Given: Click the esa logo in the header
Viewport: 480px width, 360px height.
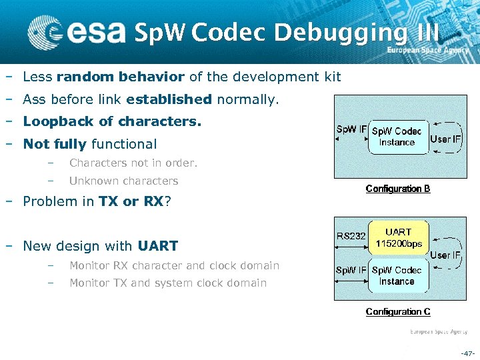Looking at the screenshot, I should click(x=77, y=31).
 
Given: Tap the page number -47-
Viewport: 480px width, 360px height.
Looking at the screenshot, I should click(x=467, y=352).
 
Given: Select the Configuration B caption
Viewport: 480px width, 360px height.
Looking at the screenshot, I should click(x=398, y=189).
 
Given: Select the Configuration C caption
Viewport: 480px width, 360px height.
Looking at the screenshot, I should click(x=398, y=312).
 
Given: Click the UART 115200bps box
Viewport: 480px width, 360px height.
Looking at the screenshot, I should click(x=398, y=238).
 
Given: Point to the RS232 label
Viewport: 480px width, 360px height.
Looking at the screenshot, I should click(x=351, y=235).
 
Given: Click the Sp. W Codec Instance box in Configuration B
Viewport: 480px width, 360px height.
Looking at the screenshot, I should click(x=397, y=137).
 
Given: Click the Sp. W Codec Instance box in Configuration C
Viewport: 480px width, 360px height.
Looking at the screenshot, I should click(x=397, y=275).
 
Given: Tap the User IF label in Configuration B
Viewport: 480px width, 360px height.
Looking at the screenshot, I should click(x=446, y=139).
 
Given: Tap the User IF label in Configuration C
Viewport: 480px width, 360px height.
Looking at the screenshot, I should click(x=445, y=255).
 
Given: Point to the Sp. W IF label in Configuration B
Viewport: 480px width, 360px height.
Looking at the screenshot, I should click(x=351, y=129).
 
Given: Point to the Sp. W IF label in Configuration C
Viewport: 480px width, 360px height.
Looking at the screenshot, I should click(x=351, y=270).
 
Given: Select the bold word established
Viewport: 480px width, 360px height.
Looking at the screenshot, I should click(x=169, y=100).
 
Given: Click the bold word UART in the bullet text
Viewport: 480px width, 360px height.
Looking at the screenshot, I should click(x=158, y=246).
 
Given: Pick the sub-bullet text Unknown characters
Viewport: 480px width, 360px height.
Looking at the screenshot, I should click(x=123, y=181).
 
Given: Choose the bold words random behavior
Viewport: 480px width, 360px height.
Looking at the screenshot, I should click(x=121, y=77).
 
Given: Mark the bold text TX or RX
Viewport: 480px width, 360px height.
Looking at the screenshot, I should click(x=131, y=202).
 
